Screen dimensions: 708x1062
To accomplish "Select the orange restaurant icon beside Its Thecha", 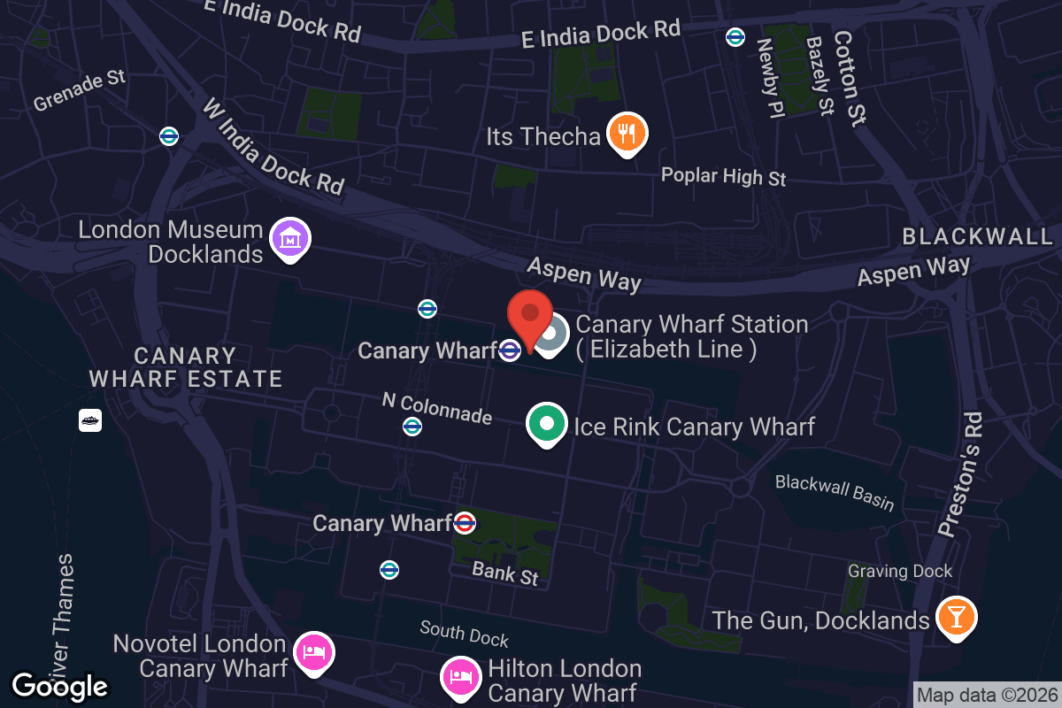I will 627,135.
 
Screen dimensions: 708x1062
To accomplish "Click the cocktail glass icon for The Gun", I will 955,617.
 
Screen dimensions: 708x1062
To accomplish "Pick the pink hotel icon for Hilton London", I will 460,678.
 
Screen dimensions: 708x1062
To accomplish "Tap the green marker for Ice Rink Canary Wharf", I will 546,423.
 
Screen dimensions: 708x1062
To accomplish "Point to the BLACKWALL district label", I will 978,236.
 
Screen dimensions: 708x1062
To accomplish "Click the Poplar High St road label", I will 723,176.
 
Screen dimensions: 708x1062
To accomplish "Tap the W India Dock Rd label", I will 273,146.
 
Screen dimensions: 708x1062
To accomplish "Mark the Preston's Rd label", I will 959,474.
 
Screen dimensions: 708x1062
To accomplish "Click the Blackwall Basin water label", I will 835,492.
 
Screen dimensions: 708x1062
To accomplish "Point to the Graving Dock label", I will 900,571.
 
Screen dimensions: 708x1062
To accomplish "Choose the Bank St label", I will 504,573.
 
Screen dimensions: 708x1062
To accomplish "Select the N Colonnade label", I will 436,407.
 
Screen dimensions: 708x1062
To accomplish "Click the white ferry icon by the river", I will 90,420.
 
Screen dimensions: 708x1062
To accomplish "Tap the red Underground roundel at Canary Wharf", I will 465,523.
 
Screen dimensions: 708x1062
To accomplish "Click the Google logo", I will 59,685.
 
